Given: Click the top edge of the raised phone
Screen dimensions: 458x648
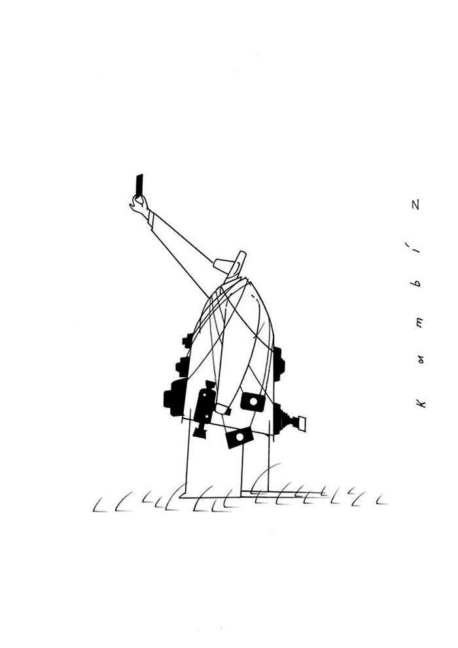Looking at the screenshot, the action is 139,175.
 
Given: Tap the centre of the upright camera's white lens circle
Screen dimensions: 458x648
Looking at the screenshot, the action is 253,401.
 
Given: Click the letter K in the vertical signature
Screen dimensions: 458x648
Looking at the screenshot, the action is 420,403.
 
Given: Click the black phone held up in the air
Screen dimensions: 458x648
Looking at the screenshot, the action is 139,186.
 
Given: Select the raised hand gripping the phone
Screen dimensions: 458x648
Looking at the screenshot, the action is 139,205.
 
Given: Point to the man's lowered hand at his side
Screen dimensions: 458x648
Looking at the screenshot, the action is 222,409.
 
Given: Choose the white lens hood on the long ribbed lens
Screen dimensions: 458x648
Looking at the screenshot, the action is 302,424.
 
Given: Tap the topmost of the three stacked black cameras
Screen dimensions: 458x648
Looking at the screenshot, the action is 188,340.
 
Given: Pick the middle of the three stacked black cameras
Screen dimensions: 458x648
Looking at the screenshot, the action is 183,366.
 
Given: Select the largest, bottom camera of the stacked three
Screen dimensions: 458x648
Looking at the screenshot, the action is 175,397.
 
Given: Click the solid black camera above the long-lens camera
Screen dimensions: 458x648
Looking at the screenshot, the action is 279,364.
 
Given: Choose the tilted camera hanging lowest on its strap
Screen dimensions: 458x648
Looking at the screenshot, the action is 239,437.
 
